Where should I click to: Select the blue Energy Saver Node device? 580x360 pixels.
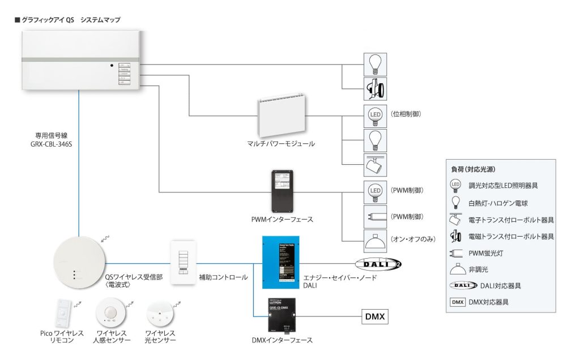280,262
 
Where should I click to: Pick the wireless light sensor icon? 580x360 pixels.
159,314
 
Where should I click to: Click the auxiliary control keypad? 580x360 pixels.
182,263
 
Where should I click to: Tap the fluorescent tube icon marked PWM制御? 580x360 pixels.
375,217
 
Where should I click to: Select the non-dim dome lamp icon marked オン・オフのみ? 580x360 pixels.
375,241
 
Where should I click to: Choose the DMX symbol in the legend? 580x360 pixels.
458,302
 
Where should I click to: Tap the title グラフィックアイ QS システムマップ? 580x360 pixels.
70,19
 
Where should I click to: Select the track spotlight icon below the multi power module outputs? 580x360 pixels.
375,164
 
